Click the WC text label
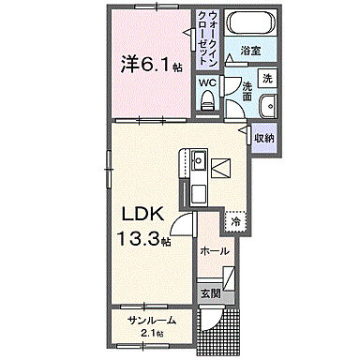[206, 81]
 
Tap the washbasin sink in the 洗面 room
[265, 105]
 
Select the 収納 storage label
[265, 138]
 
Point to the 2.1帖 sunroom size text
[152, 334]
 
